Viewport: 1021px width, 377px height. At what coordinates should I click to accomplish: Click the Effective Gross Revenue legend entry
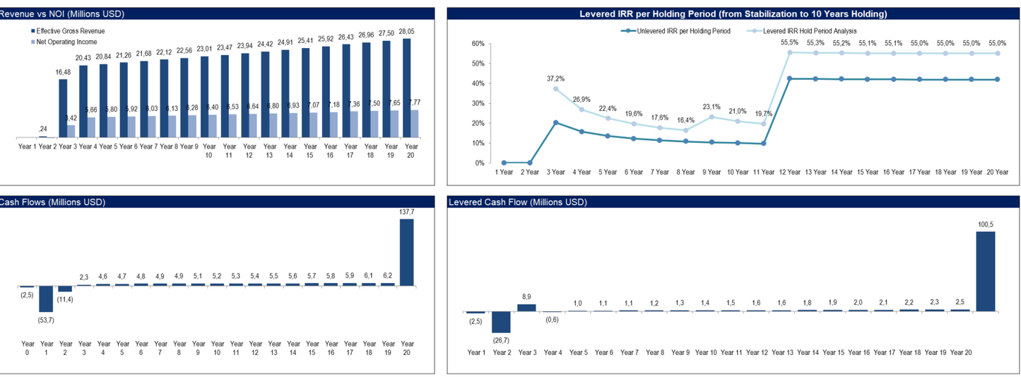(68, 31)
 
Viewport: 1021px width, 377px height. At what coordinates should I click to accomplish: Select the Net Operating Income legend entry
(64, 42)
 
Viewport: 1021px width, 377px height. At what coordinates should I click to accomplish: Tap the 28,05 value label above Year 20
(406, 32)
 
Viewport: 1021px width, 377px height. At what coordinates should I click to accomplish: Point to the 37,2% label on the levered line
(557, 79)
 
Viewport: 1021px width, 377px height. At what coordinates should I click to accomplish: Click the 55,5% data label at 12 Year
(789, 42)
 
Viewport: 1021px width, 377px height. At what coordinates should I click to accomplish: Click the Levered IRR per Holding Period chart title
(733, 13)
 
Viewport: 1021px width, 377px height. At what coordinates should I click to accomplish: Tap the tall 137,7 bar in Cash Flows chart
(406, 251)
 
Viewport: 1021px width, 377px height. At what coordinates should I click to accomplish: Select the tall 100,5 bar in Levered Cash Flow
(985, 271)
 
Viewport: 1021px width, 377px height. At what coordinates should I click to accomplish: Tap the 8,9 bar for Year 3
(526, 307)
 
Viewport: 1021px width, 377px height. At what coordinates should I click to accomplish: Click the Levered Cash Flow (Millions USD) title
(518, 202)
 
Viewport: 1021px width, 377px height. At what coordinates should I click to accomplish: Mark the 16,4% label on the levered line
(685, 120)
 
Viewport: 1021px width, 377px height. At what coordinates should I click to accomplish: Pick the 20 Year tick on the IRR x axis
(996, 172)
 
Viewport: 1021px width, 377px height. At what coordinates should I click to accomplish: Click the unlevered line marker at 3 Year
(555, 122)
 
